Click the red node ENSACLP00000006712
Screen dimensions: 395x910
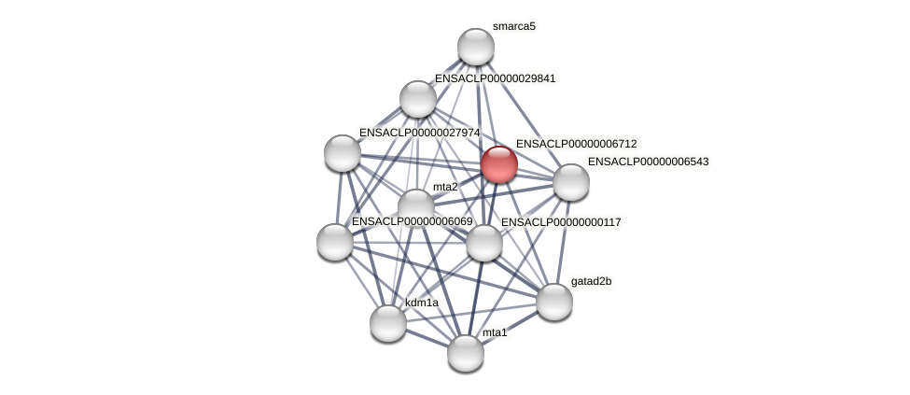coord(499,164)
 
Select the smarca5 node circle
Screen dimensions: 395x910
coord(475,47)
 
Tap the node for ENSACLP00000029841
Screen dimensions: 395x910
coord(418,99)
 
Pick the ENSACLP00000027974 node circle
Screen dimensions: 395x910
coord(343,153)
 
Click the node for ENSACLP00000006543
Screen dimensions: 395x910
coord(571,182)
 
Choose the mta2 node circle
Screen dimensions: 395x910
coord(415,207)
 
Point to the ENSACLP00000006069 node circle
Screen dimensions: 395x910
coord(335,242)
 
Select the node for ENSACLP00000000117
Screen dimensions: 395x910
coord(483,243)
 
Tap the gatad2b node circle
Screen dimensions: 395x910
coord(553,301)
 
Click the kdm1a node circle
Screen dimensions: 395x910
coord(388,323)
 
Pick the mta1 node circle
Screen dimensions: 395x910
coord(466,352)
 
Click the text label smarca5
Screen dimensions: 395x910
coord(514,26)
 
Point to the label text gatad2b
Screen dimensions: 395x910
coord(592,281)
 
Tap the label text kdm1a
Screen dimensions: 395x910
coord(422,303)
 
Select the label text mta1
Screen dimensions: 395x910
coord(495,332)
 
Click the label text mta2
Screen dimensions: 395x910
coord(445,187)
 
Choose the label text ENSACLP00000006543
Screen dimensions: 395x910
coord(648,162)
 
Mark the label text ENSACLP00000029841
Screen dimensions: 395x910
coord(495,78)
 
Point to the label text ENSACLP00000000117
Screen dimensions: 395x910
coord(561,222)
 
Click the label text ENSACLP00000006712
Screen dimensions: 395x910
coord(576,144)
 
